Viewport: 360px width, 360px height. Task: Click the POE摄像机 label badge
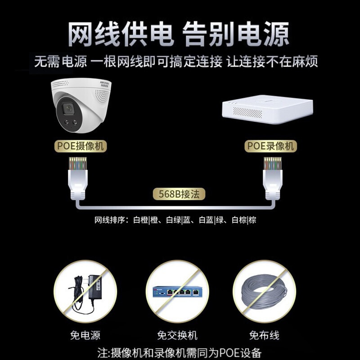(x=81, y=146)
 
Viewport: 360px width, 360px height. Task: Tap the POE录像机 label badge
(x=271, y=146)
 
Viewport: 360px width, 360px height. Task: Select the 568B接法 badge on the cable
(x=179, y=194)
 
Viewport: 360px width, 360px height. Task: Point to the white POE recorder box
(x=267, y=109)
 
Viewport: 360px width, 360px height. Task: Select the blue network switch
(x=178, y=292)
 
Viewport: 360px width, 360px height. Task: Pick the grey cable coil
(x=264, y=292)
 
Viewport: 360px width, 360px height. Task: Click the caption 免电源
(x=85, y=335)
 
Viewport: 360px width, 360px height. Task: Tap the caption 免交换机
(x=177, y=335)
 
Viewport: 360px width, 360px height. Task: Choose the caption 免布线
(x=264, y=335)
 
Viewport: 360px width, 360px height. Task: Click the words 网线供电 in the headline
(x=120, y=34)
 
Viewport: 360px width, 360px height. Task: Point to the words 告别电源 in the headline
(x=235, y=34)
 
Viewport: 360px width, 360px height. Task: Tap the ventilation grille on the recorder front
(x=247, y=112)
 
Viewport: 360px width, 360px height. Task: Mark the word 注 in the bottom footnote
(x=102, y=353)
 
